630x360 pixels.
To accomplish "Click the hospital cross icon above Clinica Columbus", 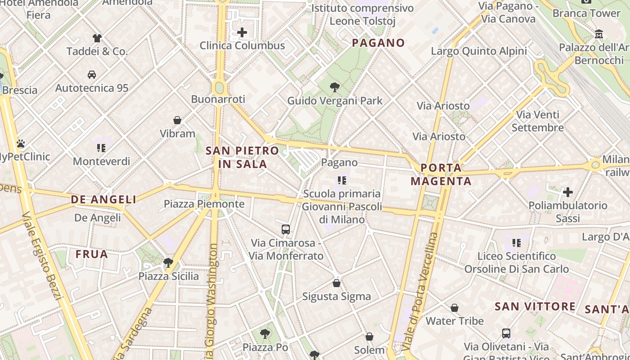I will (242, 32).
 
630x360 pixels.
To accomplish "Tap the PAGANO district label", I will (378, 43).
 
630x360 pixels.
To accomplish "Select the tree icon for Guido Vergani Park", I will (334, 87).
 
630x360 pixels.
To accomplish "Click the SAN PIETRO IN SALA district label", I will (243, 157).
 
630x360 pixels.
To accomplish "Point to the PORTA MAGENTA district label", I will (441, 175).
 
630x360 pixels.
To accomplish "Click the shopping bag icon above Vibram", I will (177, 120).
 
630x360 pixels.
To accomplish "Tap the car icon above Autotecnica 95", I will (92, 74).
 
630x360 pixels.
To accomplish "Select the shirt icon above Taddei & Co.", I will (97, 38).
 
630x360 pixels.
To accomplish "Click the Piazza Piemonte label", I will (204, 204).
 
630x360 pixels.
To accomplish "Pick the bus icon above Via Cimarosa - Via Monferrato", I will (286, 229).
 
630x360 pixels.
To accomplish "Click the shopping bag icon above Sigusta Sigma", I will (336, 283).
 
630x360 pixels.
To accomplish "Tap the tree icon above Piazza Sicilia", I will (168, 262).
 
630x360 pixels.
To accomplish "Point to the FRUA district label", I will (92, 254).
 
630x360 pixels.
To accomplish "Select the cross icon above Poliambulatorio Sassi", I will (568, 192).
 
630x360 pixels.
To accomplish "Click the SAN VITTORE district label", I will (535, 307).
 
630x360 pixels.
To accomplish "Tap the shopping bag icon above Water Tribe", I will (454, 308).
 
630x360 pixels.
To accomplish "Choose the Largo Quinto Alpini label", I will (479, 51).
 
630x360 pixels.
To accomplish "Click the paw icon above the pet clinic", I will (20, 144).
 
